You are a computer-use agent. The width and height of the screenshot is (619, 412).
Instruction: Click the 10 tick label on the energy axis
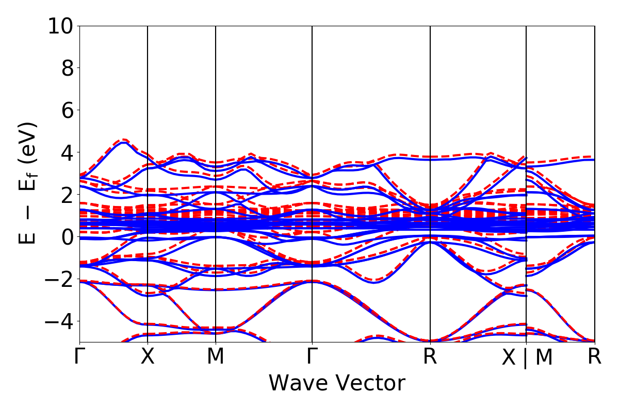click(61, 26)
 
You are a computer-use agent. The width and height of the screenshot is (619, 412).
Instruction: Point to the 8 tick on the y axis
click(68, 68)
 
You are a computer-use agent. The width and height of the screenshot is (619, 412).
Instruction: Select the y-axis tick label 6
click(68, 110)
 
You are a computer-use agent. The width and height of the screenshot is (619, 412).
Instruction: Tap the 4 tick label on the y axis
click(68, 152)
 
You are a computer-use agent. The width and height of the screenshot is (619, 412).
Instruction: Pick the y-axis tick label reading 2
click(68, 195)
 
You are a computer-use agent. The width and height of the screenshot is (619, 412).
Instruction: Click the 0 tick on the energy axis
click(68, 237)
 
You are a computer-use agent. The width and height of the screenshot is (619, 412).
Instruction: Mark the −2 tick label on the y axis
click(61, 279)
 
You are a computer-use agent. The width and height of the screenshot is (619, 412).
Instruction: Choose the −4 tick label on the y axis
click(61, 321)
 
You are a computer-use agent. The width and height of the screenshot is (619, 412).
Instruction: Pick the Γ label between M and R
click(312, 357)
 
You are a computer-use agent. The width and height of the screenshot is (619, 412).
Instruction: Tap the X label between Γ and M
click(148, 357)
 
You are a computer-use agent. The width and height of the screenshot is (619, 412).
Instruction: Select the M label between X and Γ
click(216, 357)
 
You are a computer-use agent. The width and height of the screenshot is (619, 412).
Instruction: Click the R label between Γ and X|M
click(430, 357)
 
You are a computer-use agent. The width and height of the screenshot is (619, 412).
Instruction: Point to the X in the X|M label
click(509, 358)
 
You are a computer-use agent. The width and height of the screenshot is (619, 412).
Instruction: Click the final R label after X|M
click(595, 357)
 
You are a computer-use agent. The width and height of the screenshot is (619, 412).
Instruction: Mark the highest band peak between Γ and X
click(123, 140)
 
